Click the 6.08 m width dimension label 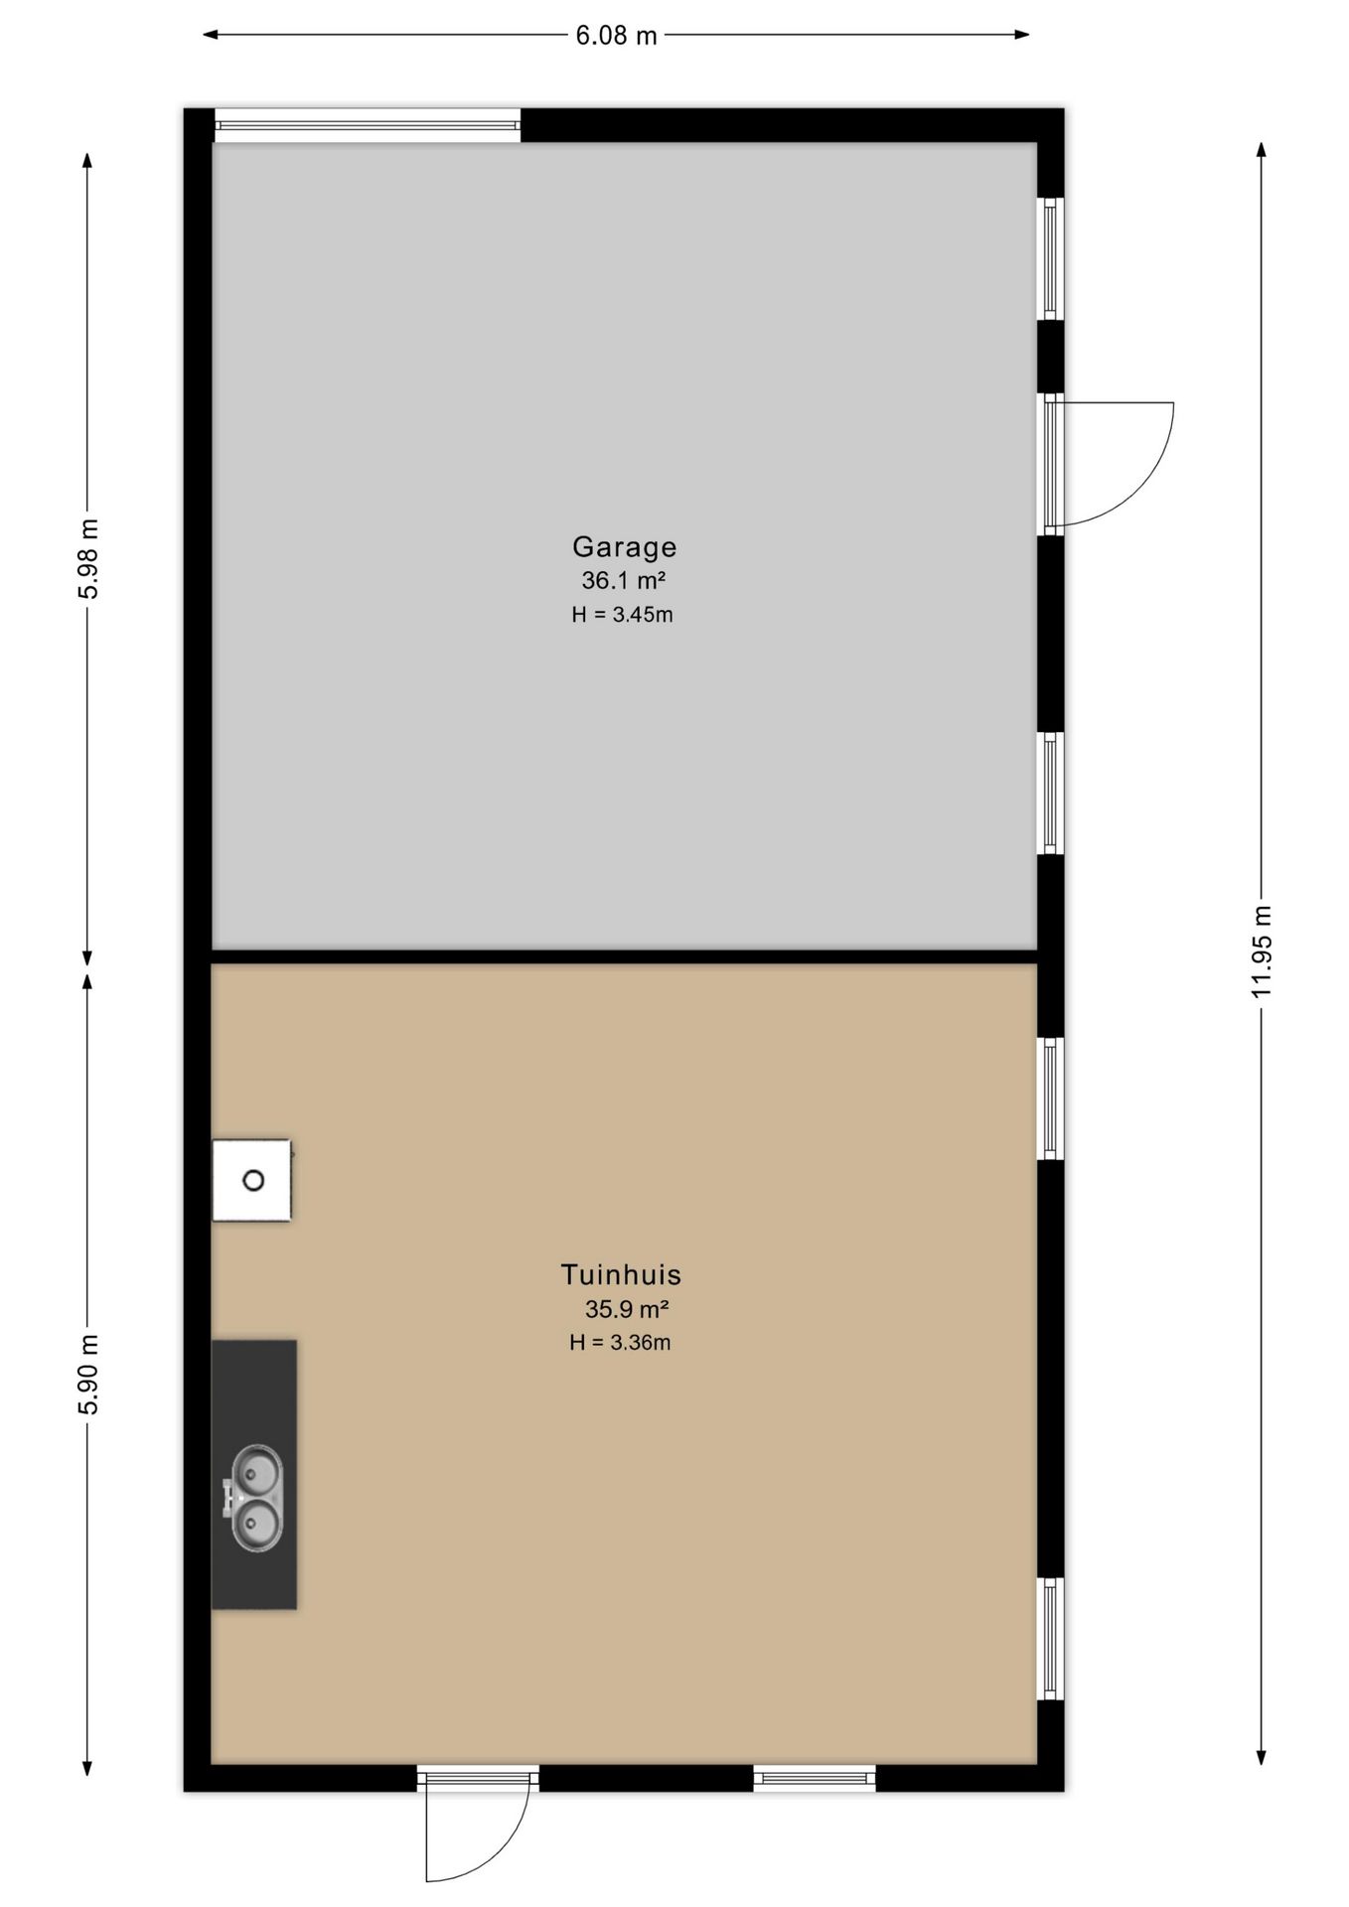616,36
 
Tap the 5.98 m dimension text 89,558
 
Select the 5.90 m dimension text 89,1375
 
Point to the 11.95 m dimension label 1262,952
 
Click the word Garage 624,547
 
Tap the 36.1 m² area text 623,580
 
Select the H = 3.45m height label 622,615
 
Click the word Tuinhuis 621,1274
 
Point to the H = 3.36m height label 620,1343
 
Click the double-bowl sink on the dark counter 254,1498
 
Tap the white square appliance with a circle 252,1180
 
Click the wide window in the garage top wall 368,125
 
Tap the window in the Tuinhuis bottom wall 815,1778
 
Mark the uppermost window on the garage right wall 1051,258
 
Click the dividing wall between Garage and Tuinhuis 624,956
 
